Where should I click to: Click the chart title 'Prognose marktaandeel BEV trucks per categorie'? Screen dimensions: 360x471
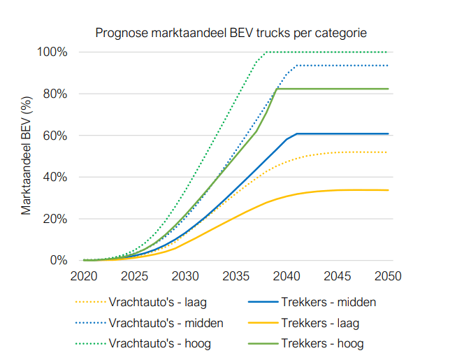click(231, 33)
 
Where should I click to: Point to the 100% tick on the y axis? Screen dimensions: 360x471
click(52, 52)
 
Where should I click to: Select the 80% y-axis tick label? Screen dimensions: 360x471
click(55, 94)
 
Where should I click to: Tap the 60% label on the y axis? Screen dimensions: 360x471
click(55, 136)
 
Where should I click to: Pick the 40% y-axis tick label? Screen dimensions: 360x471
click(55, 177)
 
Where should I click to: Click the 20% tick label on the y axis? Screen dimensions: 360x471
click(55, 219)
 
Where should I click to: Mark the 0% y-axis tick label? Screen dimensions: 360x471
click(58, 261)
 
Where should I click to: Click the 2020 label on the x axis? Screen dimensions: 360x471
click(84, 276)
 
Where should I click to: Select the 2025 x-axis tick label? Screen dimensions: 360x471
click(134, 276)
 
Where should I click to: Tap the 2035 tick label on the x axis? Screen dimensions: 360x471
click(235, 276)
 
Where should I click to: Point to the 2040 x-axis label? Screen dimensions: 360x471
click(287, 276)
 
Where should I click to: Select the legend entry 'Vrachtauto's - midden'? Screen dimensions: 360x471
click(166, 323)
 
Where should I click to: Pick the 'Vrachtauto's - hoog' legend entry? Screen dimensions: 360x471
click(159, 343)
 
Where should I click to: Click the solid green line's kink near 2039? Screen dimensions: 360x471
click(277, 89)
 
